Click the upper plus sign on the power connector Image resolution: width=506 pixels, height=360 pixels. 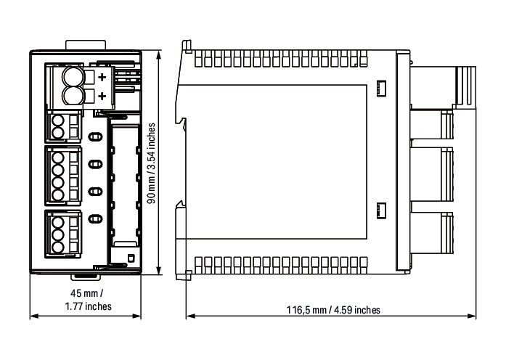coord(102,77)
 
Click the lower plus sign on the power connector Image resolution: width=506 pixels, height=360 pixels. coord(102,96)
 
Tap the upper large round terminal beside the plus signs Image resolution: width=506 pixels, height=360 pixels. coord(73,76)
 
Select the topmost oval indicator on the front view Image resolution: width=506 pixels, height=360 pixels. coord(95,137)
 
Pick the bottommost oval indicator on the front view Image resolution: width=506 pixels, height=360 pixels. coord(95,219)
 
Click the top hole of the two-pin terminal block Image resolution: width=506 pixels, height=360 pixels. coord(58,121)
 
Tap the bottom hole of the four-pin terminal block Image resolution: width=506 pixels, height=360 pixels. coord(58,195)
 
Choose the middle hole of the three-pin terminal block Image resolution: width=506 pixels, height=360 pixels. coord(58,235)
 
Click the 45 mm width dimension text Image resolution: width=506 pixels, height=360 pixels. coord(87,293)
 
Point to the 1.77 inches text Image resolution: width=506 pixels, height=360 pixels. coord(88,306)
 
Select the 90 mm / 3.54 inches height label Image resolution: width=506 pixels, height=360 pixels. coord(151,163)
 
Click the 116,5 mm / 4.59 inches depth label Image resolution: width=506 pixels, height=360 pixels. coord(333,310)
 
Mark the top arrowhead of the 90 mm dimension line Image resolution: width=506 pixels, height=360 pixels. coord(158,54)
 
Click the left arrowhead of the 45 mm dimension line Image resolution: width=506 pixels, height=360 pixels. coord(34,316)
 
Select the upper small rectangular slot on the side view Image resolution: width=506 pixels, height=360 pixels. coord(381,89)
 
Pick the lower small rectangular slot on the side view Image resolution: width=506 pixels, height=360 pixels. coord(381,211)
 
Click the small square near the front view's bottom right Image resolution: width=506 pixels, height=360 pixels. coord(131,258)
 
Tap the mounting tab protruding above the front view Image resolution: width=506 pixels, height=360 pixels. coord(86,45)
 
